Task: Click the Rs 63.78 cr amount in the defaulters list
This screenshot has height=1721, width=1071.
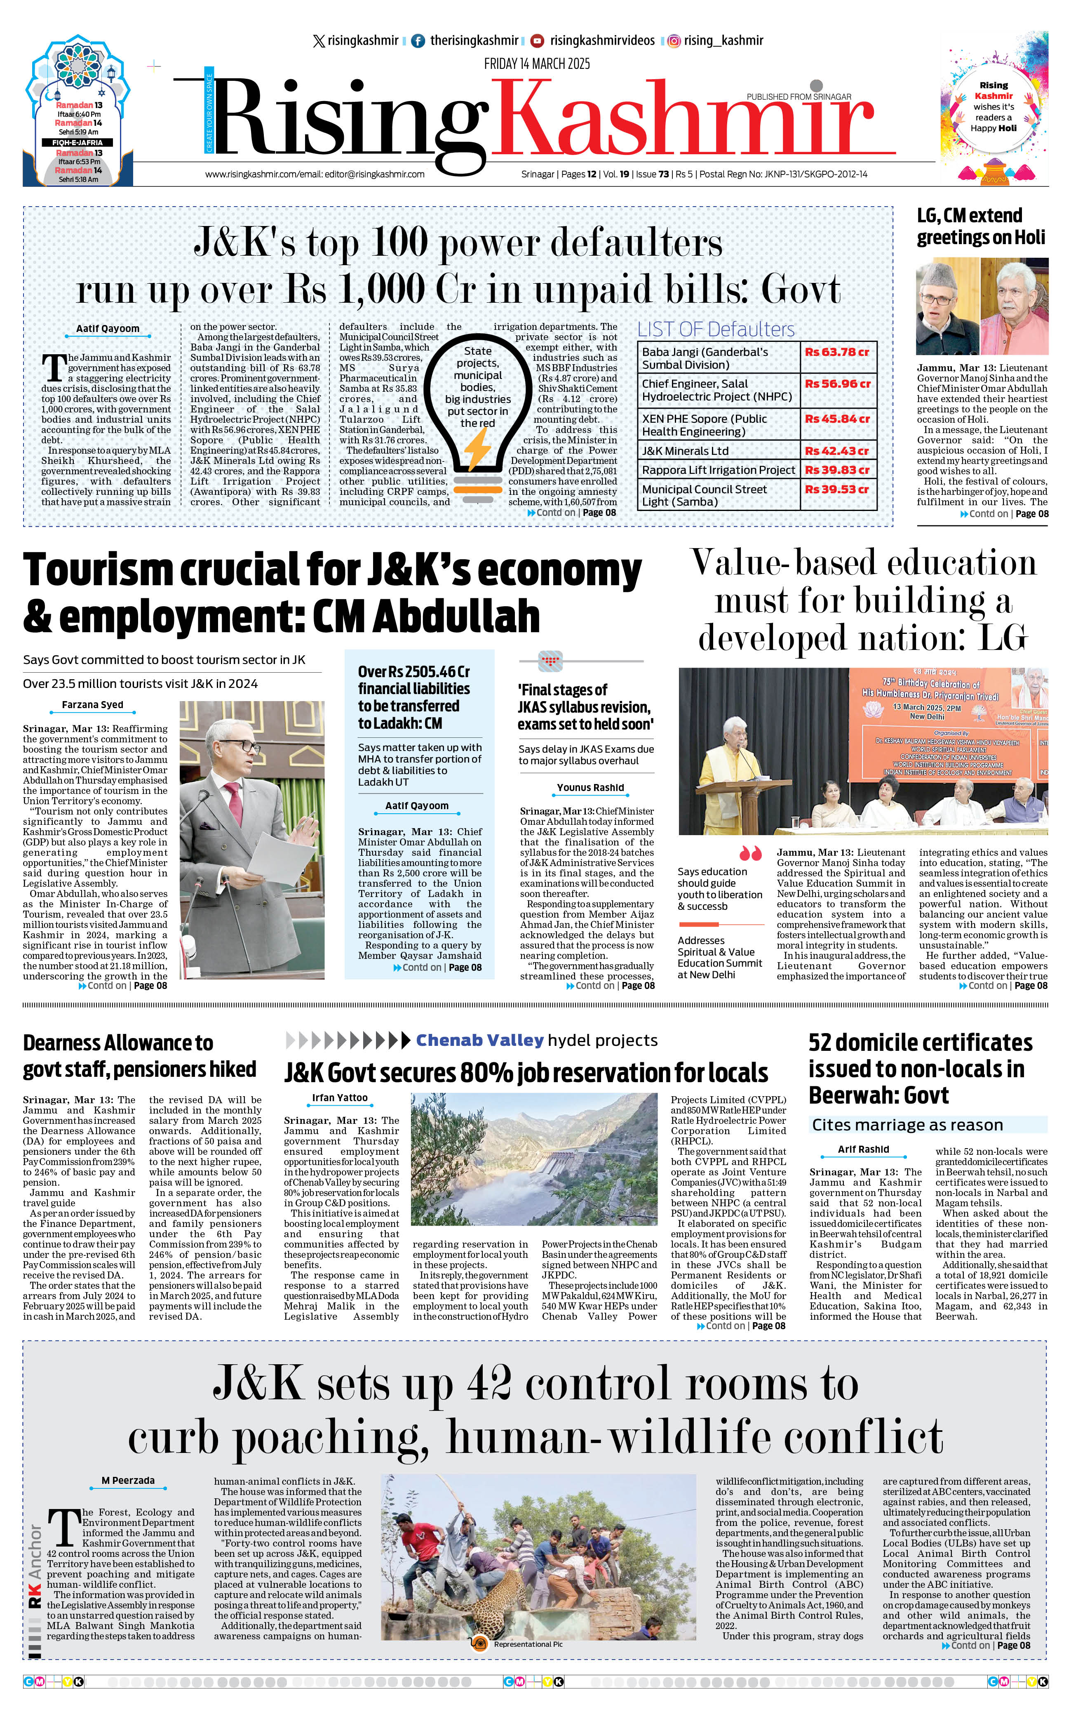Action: pos(836,352)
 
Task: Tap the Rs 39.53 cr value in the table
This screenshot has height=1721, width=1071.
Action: pos(836,490)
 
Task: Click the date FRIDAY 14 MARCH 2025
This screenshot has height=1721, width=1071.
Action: pos(537,64)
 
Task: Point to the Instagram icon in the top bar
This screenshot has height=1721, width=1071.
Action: pos(674,41)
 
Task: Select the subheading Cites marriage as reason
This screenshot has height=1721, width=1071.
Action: pos(907,1125)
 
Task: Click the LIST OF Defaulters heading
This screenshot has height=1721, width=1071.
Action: pos(715,330)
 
